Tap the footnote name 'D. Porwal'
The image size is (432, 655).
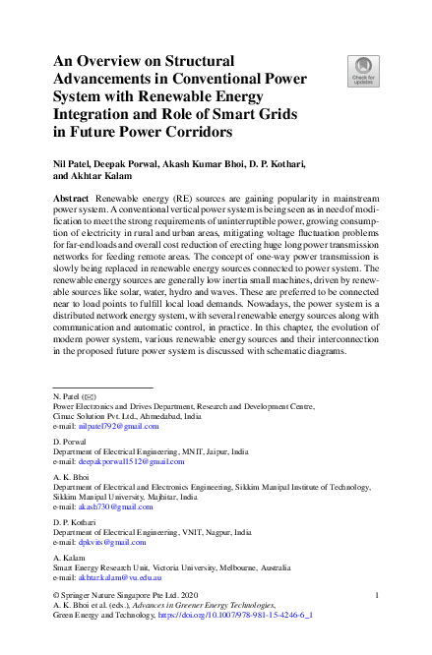click(70, 443)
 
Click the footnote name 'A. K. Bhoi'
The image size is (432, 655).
click(71, 478)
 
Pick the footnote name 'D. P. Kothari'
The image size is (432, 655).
click(75, 524)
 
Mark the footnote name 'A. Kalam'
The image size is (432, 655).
click(68, 559)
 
